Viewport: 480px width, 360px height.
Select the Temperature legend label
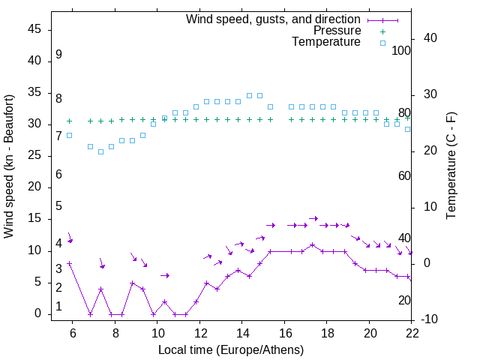pyautogui.click(x=326, y=42)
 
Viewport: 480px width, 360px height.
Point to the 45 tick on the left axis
pyautogui.click(x=34, y=28)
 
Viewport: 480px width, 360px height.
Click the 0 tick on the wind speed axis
pyautogui.click(x=38, y=314)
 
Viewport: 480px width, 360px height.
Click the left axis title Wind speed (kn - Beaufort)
pyautogui.click(x=9, y=166)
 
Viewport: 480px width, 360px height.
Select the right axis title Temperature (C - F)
pyautogui.click(x=451, y=166)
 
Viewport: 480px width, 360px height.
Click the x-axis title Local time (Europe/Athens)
pyautogui.click(x=232, y=349)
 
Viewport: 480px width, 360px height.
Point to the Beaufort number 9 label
pyautogui.click(x=58, y=55)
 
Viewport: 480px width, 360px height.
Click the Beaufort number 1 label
pyautogui.click(x=58, y=307)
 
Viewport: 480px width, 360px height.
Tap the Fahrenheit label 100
pyautogui.click(x=401, y=50)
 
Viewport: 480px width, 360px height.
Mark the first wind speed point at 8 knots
pyautogui.click(x=69, y=263)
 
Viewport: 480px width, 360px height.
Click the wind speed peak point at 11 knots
pyautogui.click(x=313, y=245)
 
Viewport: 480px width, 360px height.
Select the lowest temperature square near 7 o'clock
pyautogui.click(x=100, y=151)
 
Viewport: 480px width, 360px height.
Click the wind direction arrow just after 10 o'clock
pyautogui.click(x=165, y=276)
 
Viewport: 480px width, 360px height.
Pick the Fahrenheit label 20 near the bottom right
pyautogui.click(x=404, y=300)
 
